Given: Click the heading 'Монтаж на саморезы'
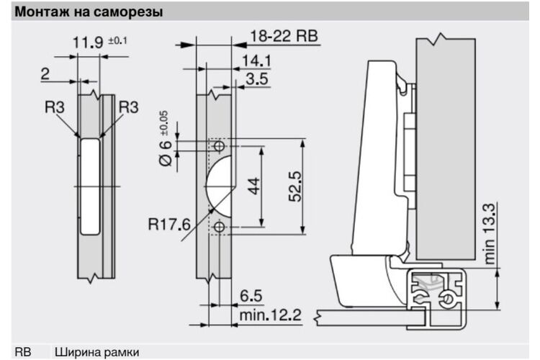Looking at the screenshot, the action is pos(89,12).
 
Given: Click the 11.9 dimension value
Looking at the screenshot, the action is pos(88,42).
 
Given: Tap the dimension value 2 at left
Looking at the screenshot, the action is pos(45,73).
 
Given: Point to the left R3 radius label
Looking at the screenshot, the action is pos(55,107).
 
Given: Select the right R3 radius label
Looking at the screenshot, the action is pos(128,107).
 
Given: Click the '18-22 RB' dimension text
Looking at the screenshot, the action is pos(284,36).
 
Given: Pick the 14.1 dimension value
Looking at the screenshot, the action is pos(256,61).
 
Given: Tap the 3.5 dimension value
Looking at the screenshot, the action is pos(257,79).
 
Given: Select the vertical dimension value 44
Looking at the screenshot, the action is pos(254,186).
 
